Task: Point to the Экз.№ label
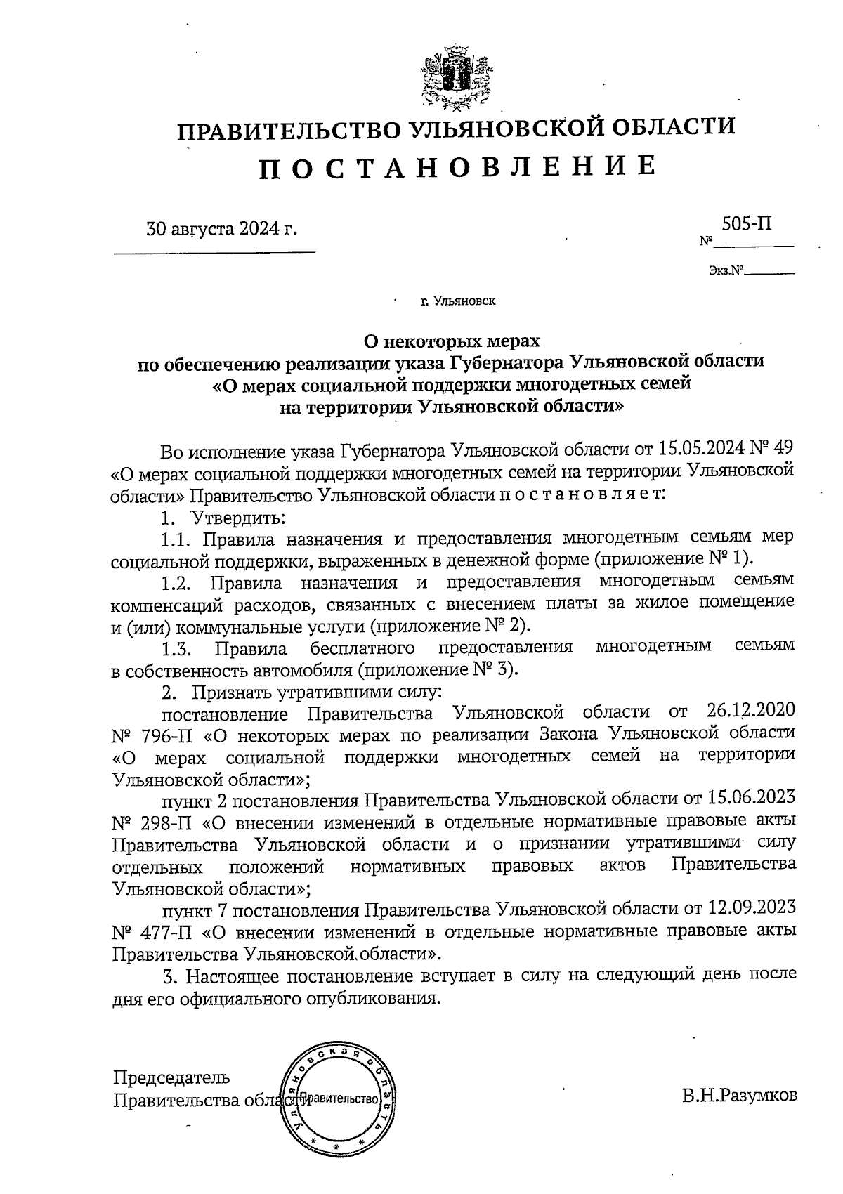726,270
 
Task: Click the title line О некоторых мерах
452,341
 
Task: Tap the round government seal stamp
338,1098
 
